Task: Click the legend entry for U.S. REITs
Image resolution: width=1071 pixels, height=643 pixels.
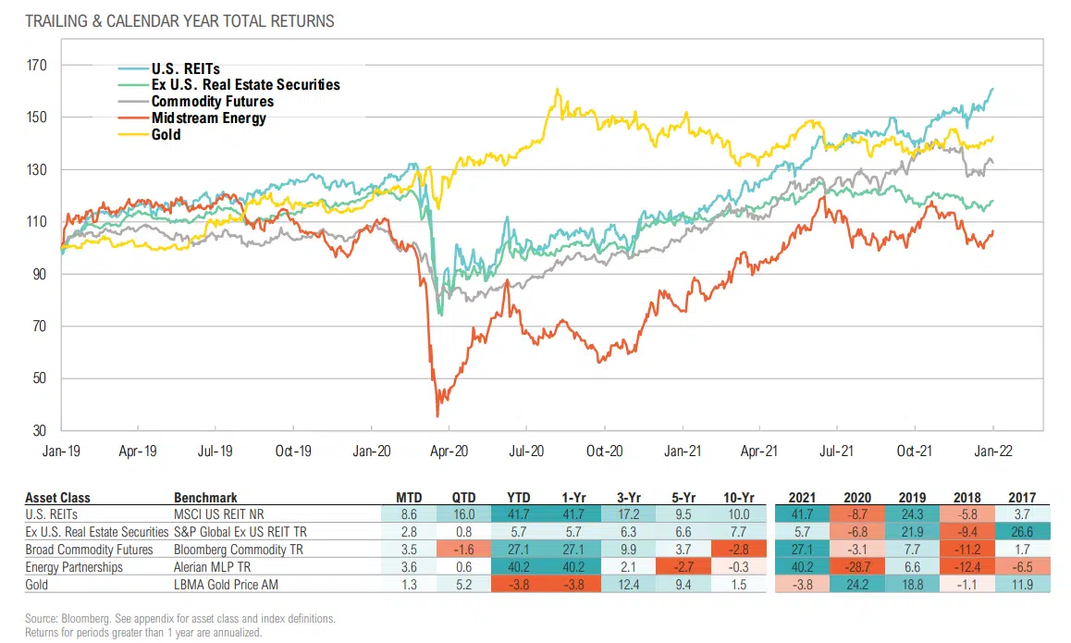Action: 185,68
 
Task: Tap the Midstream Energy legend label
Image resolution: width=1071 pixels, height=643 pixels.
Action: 208,118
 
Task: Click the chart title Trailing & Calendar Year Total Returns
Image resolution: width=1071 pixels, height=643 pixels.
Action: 179,19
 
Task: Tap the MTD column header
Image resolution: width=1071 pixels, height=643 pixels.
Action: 408,497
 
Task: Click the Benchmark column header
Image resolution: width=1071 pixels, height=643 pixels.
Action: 204,497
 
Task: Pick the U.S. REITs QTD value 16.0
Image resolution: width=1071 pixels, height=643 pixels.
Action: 463,514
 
